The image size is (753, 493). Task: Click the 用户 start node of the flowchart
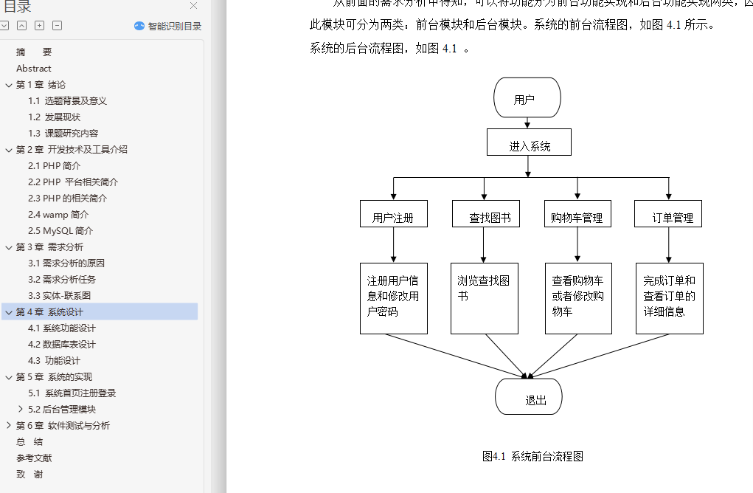527,98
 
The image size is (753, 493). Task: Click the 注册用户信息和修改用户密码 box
393,298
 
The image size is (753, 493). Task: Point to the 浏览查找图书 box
485,298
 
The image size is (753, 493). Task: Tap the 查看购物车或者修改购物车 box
577,298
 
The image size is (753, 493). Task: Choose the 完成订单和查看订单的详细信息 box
669,298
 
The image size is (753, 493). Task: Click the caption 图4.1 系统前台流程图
532,456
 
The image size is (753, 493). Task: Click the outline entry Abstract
34,68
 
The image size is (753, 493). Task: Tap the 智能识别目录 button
167,26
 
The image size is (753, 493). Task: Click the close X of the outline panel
193,6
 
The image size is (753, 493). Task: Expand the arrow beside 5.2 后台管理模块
20,409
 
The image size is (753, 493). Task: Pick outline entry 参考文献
34,458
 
